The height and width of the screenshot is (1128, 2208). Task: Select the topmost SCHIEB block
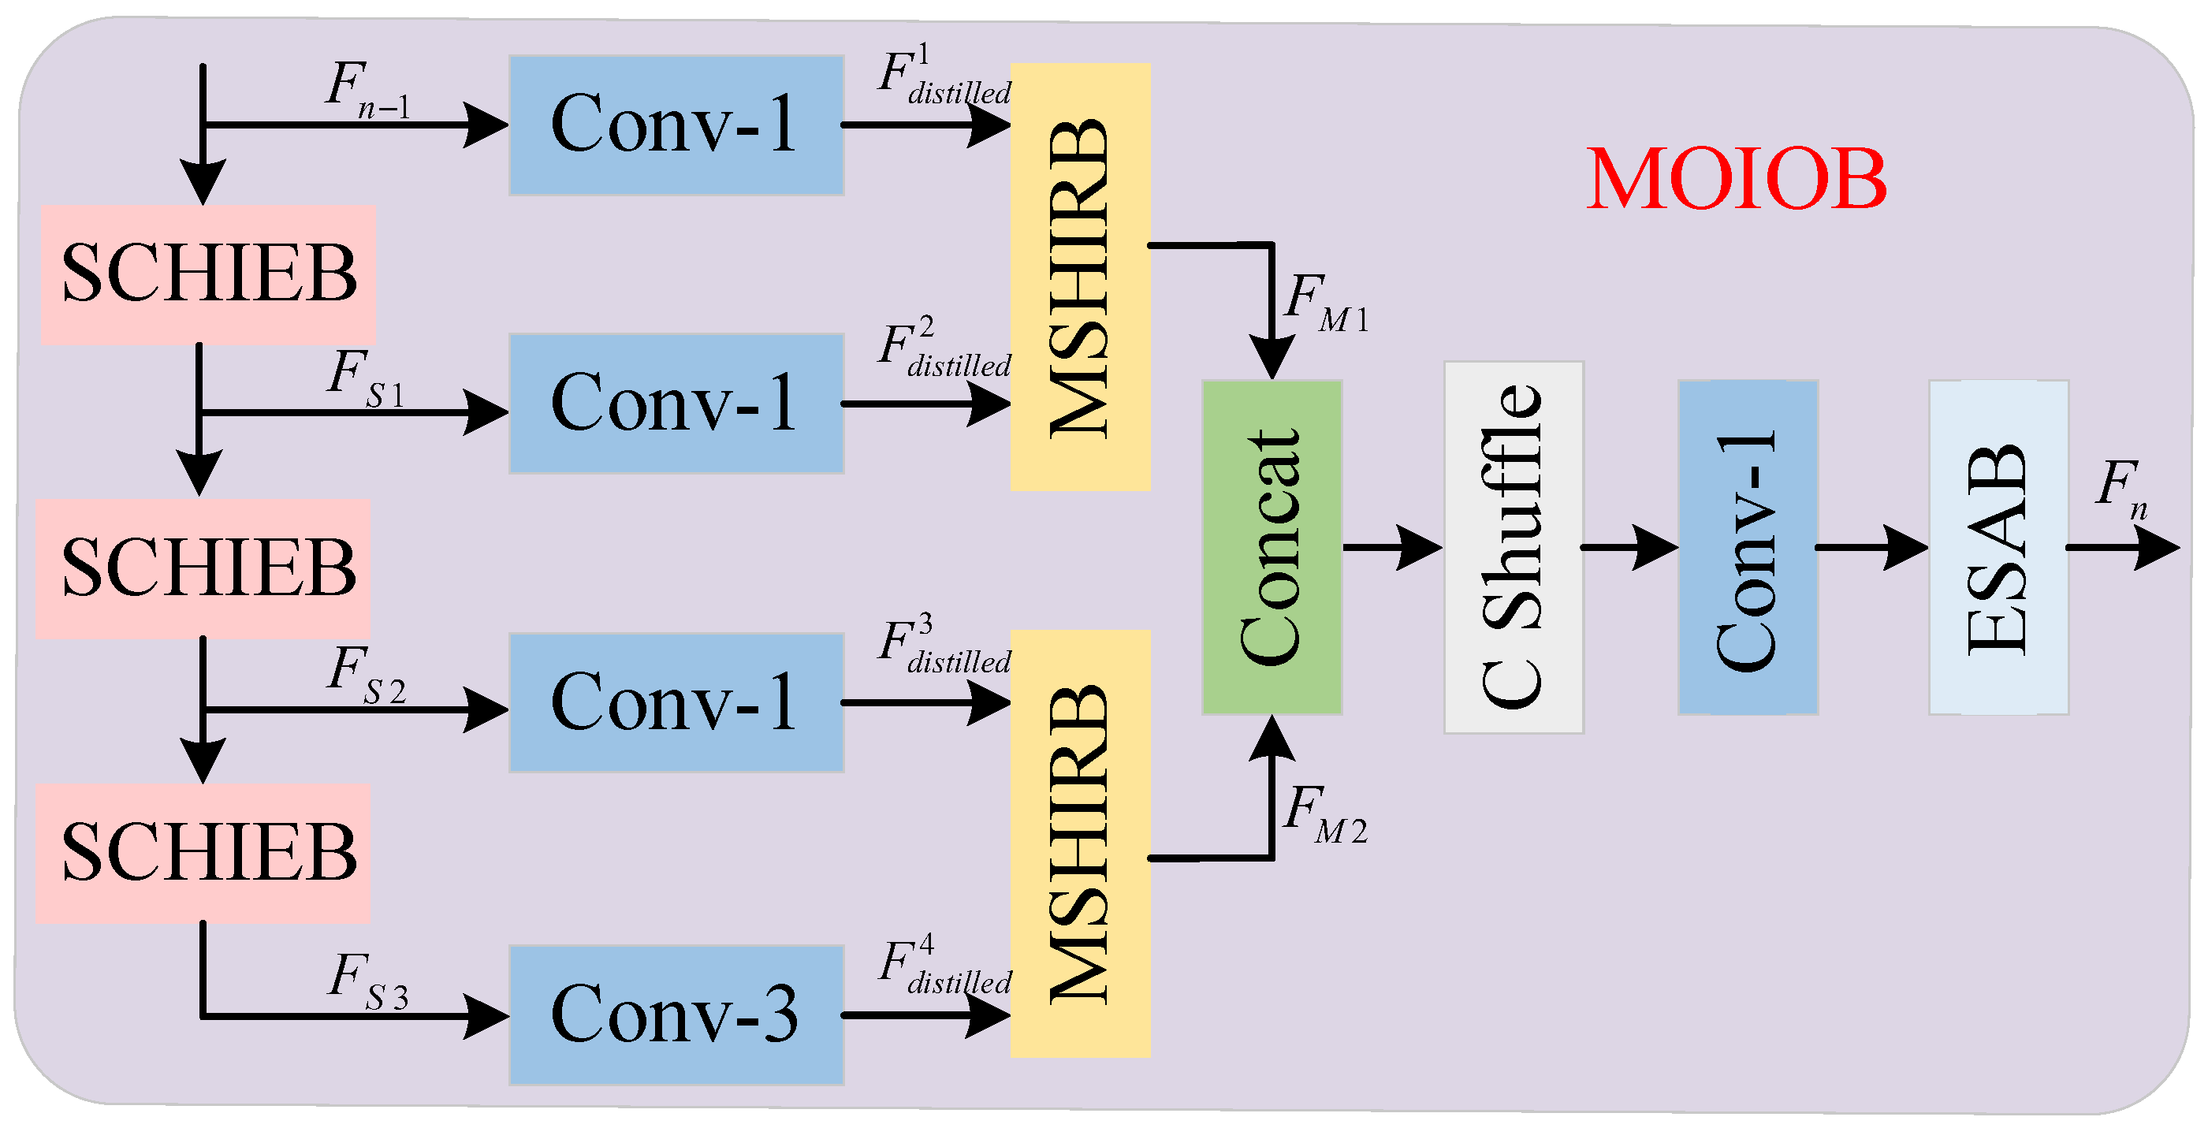tap(208, 274)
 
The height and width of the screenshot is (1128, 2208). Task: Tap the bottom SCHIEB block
tap(203, 853)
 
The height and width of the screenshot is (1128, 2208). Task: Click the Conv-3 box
tap(676, 1014)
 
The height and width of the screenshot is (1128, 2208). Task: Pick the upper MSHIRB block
tap(1080, 277)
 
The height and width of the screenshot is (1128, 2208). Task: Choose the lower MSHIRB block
tap(1080, 843)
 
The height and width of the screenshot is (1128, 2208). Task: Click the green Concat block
tap(1272, 547)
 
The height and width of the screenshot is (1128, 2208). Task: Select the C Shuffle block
tap(1513, 547)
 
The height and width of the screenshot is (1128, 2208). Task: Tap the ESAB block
tap(1998, 547)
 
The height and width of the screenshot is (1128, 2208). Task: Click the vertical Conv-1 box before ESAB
tap(1747, 547)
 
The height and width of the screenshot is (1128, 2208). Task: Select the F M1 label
tap(1325, 303)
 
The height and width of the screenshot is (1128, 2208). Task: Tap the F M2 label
tap(1325, 814)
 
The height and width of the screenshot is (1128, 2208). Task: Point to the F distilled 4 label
tap(943, 966)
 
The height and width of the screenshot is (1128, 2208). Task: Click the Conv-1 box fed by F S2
tap(676, 703)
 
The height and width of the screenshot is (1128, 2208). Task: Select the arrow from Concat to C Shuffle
tap(1392, 547)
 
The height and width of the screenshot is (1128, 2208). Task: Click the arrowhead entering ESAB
tap(1907, 547)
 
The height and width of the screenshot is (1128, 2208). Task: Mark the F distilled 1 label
tap(943, 77)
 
